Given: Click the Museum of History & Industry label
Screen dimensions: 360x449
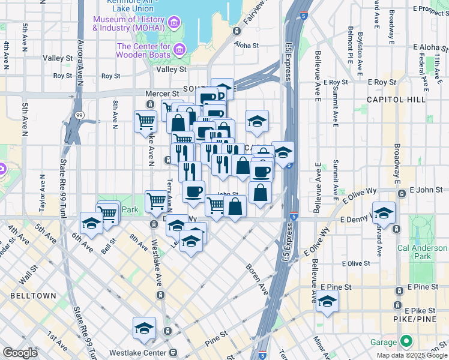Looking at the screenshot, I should tap(130, 23).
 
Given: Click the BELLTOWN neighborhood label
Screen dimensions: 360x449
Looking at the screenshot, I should tap(32, 296).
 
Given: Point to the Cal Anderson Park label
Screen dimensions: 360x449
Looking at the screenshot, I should tap(423, 252).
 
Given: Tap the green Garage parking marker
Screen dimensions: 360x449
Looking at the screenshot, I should tap(406, 342).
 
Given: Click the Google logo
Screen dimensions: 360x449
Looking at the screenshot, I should tap(20, 352).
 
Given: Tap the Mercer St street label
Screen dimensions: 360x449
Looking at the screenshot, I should tap(162, 94).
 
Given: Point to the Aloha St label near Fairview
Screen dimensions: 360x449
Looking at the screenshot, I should tap(246, 45).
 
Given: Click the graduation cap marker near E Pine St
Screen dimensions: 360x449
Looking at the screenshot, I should tap(328, 301).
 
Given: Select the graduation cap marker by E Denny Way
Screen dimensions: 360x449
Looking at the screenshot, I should tap(384, 212).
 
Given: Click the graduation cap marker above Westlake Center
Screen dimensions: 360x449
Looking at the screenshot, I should tap(145, 329).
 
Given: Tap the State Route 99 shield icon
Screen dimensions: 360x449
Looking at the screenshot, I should tap(80, 114).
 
